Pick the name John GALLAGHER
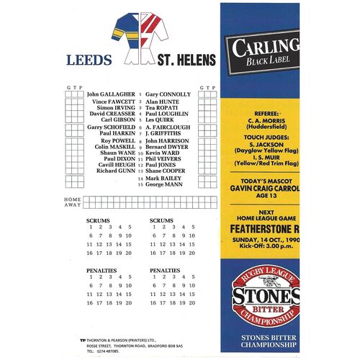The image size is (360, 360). (x=111, y=94)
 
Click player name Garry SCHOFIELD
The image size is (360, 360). (x=111, y=127)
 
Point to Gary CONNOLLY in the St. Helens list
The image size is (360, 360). (x=168, y=94)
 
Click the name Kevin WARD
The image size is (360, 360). (x=163, y=152)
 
